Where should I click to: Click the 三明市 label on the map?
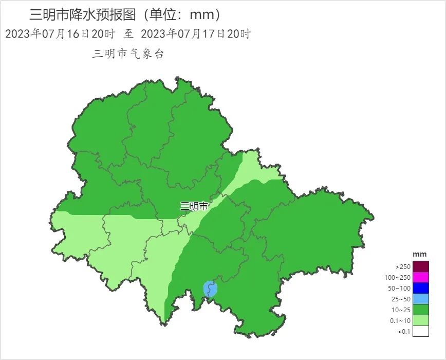[194, 207]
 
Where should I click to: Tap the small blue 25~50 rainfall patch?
[210, 289]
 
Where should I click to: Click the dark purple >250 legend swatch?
[420, 266]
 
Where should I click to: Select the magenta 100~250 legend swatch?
[420, 277]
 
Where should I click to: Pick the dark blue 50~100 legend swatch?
[420, 288]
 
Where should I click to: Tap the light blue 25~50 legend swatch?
[420, 299]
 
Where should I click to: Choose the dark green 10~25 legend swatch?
[420, 310]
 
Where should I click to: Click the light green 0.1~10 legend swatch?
[420, 320]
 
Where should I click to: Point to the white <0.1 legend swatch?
[420, 331]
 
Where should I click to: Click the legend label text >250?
[403, 267]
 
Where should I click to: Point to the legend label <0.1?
[404, 332]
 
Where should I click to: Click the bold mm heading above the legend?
[420, 255]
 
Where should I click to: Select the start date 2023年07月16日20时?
[60, 34]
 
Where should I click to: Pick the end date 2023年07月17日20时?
[195, 34]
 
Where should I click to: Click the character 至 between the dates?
[128, 34]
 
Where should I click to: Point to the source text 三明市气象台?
[127, 54]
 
